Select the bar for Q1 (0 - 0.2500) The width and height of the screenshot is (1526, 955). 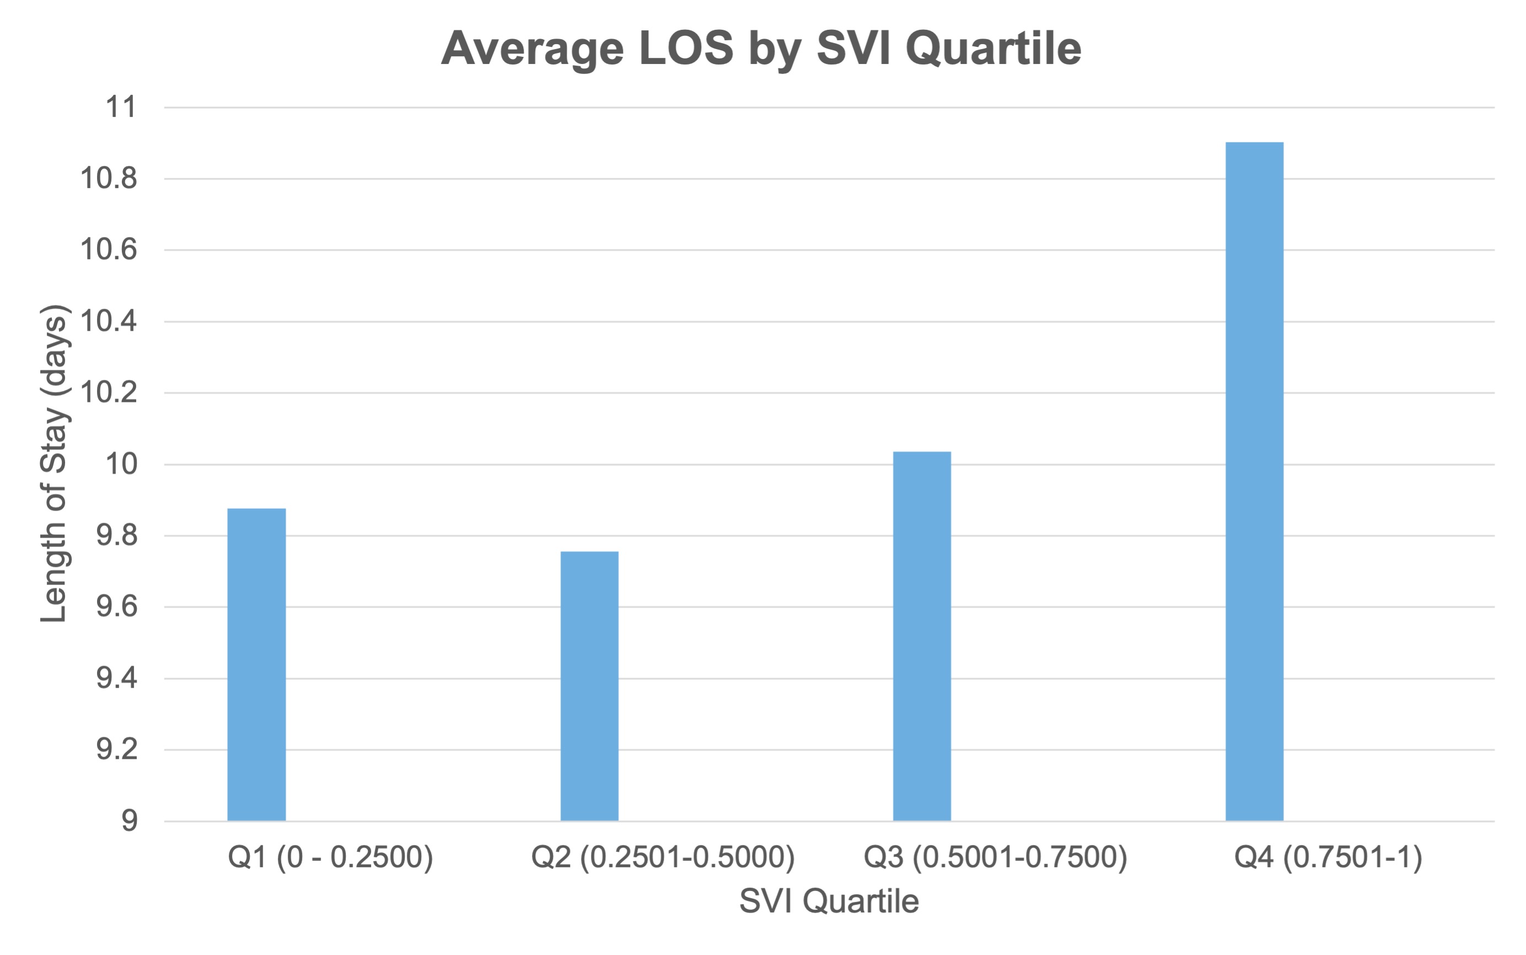pos(256,664)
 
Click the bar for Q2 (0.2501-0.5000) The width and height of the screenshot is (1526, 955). pos(589,686)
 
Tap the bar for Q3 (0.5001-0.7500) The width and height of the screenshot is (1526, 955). pos(922,636)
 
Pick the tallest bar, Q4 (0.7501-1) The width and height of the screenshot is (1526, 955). pos(1255,481)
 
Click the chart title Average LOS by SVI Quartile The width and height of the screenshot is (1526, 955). pos(761,48)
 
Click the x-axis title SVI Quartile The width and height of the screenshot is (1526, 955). pos(829,900)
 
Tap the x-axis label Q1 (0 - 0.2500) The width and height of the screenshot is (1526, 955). pos(330,857)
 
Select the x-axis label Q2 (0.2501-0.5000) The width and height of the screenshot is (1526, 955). pos(663,857)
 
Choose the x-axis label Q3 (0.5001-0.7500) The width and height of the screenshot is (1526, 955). pos(995,857)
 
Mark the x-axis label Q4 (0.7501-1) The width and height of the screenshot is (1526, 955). pos(1328,857)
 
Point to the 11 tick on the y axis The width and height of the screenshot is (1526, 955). pos(121,108)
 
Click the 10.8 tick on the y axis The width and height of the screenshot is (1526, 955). pos(109,179)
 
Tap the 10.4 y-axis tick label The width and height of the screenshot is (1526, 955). pos(109,321)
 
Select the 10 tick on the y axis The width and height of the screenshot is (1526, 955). pos(121,464)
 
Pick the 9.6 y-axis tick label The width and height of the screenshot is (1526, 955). pos(117,607)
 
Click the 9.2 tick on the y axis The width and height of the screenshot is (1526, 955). pos(117,750)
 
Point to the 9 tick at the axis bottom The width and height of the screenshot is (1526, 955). pos(129,821)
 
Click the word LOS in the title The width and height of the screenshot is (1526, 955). pos(686,48)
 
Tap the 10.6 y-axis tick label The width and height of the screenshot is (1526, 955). pos(109,250)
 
